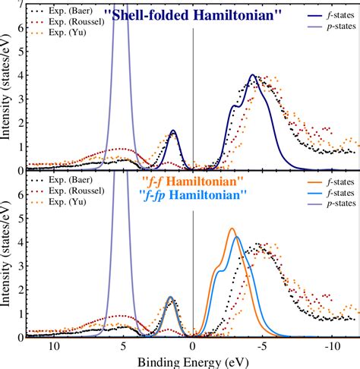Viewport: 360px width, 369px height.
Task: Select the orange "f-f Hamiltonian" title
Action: tap(193, 181)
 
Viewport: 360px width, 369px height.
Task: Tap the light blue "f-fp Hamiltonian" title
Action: tap(193, 195)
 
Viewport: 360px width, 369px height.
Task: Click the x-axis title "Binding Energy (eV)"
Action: tap(193, 362)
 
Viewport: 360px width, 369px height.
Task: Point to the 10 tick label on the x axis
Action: tap(54, 346)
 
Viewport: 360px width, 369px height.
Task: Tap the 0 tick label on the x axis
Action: tap(193, 346)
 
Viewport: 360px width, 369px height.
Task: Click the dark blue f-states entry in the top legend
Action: tap(331, 15)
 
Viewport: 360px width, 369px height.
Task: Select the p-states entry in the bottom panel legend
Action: tap(332, 203)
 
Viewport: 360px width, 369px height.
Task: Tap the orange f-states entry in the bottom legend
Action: tap(331, 182)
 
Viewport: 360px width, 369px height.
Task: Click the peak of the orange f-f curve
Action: tap(232, 229)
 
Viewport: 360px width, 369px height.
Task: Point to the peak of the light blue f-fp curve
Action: tap(237, 237)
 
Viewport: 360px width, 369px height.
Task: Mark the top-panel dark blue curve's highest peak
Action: tap(252, 74)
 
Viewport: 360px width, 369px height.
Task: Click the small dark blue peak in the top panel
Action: tap(173, 131)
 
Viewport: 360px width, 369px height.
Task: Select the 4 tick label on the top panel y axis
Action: tap(21, 75)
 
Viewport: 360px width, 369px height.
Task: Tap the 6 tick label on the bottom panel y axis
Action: tap(21, 194)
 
